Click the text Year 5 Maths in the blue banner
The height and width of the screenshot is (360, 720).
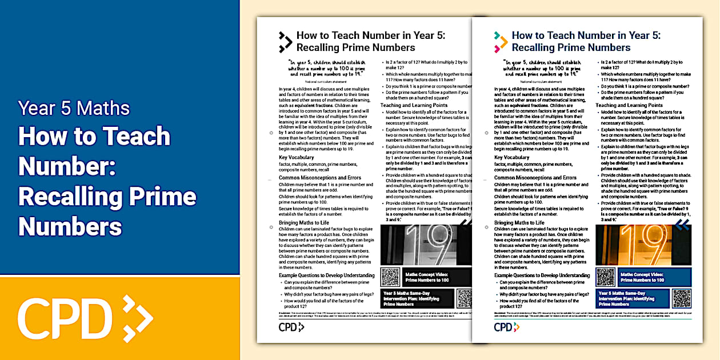coord(74,108)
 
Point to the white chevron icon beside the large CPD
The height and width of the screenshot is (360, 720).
coord(138,316)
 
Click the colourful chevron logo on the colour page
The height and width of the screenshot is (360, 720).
coord(501,42)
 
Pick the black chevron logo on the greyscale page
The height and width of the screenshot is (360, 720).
coord(285,42)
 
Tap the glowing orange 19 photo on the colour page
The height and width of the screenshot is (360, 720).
coord(643,244)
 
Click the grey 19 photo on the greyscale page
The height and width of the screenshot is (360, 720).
coord(426,244)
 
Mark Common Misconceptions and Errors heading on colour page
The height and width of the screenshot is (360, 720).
coord(535,178)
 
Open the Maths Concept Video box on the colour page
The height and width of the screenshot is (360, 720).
coord(654,277)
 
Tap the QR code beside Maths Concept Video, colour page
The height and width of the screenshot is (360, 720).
coord(605,277)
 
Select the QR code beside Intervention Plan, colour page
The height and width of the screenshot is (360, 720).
coord(681,298)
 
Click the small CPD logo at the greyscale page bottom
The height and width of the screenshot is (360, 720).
coord(291,327)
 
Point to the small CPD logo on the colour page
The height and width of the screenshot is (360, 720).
coord(507,327)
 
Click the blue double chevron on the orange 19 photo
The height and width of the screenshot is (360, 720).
coord(682,226)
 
